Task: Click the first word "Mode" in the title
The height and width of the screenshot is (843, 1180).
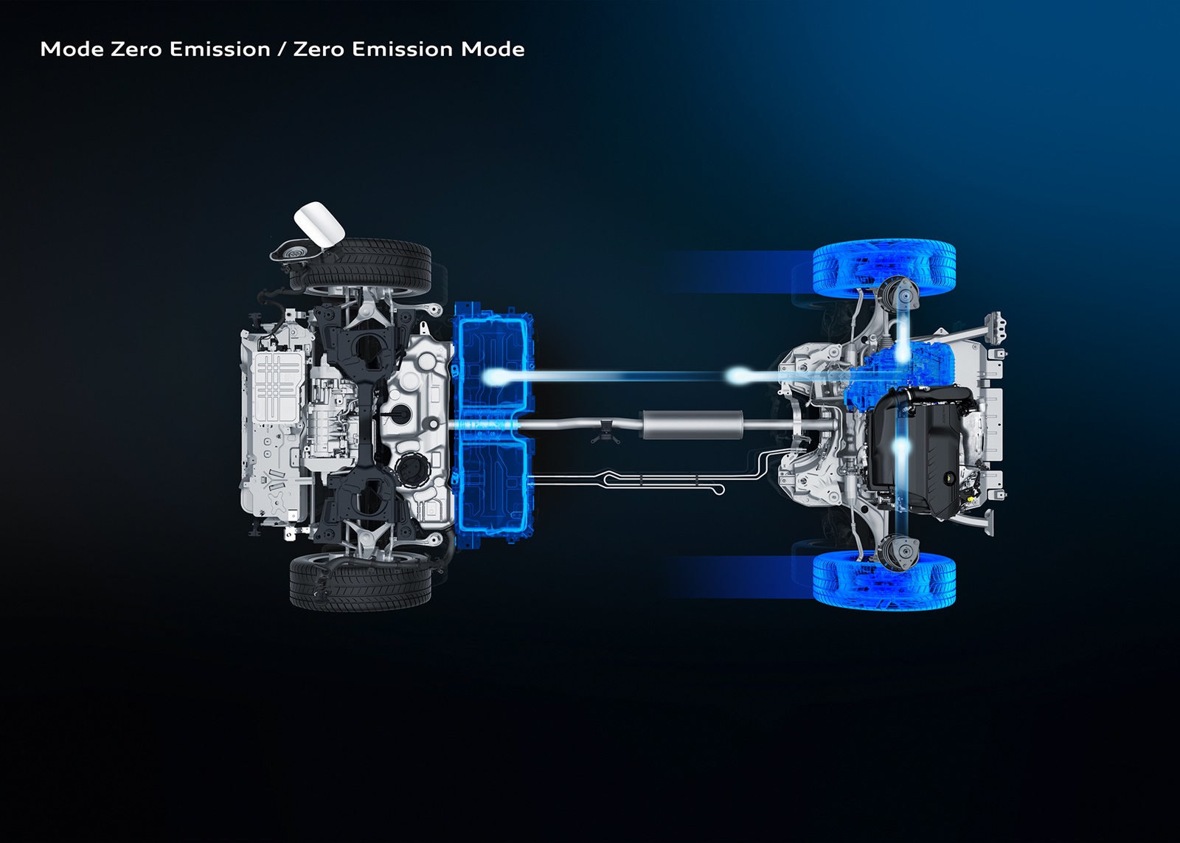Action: (72, 49)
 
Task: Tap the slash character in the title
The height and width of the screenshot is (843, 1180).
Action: (282, 49)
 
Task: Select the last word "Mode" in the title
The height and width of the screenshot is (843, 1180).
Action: (493, 49)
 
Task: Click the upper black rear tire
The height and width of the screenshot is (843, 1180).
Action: (361, 267)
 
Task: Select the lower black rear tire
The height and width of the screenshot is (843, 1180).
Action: (361, 581)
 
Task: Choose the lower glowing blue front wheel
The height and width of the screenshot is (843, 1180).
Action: (884, 581)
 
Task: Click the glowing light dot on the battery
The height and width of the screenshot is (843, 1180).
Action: (493, 376)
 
